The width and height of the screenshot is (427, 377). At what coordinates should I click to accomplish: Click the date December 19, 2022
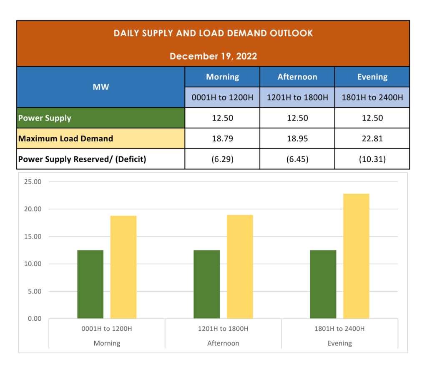(213, 56)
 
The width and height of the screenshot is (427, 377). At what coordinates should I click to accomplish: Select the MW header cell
(101, 87)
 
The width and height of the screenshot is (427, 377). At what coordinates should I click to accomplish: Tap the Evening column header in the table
(372, 77)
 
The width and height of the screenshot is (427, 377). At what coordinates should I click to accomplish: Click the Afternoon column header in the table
(297, 77)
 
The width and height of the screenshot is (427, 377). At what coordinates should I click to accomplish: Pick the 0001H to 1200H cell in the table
(222, 98)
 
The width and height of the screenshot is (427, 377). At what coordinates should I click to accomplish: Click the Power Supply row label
(45, 118)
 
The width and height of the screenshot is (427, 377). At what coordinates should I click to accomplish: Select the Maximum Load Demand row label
(65, 138)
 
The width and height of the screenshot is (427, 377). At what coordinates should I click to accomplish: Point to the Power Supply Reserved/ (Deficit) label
(82, 159)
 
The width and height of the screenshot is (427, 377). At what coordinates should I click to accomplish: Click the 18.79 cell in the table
(222, 138)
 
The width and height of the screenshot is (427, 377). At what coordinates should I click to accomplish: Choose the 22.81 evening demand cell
(372, 138)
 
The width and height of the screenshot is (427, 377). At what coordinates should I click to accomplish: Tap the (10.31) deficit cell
(372, 159)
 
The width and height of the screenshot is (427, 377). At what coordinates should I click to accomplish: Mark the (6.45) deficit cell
(297, 159)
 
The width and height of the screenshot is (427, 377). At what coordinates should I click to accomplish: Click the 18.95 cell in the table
(297, 138)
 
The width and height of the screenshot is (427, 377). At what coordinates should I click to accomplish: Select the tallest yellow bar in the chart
(356, 256)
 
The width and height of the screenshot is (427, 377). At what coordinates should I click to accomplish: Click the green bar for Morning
(90, 284)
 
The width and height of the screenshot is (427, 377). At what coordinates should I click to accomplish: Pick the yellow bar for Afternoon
(240, 267)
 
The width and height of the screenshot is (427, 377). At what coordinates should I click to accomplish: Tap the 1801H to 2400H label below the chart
(339, 329)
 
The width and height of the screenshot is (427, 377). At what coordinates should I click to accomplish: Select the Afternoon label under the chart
(223, 343)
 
